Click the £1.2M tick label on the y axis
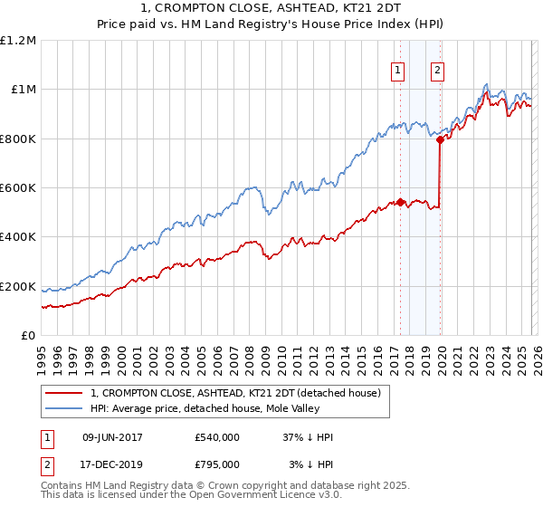tap(18, 40)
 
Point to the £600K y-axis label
tap(18, 188)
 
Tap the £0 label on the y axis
tap(29, 336)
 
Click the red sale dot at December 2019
tap(440, 139)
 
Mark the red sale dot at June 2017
tap(399, 203)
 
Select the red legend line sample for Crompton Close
tap(63, 393)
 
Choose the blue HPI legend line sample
tap(63, 408)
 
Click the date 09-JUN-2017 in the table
tap(112, 437)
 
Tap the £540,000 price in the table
tap(217, 437)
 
